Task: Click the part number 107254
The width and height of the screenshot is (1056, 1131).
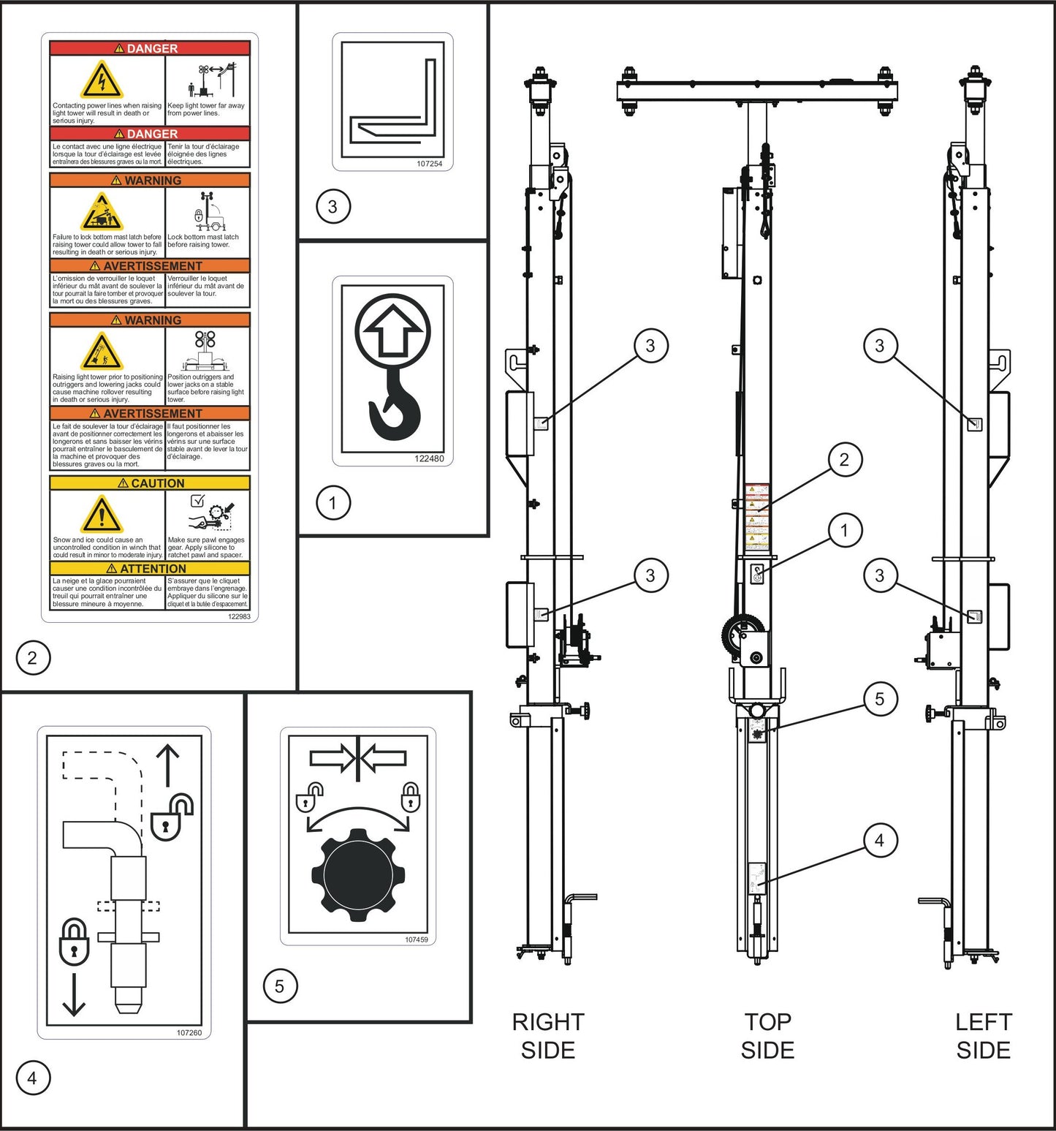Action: click(429, 164)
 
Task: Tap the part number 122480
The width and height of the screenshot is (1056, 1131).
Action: click(429, 458)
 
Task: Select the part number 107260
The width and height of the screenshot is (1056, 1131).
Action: click(189, 1032)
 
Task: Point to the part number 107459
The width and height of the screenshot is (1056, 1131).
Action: click(416, 939)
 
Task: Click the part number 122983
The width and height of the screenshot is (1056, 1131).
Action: click(239, 616)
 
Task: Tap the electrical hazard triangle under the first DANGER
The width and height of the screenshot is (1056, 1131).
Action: click(102, 80)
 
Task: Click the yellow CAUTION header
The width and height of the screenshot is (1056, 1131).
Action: click(150, 483)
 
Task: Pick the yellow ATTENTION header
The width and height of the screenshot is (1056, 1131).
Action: click(150, 568)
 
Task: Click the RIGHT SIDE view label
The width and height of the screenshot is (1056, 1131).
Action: click(548, 1035)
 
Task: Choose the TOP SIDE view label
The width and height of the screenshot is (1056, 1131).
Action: click(767, 1035)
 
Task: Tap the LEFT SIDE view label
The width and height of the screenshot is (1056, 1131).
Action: click(983, 1035)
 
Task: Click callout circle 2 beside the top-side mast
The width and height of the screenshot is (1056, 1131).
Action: click(844, 460)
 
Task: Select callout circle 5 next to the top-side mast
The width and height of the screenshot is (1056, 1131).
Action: click(879, 699)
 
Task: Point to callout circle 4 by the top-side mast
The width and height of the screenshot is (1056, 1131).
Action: click(879, 841)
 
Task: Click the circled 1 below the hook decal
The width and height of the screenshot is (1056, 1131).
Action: click(333, 503)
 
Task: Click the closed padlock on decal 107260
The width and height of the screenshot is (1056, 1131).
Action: click(74, 942)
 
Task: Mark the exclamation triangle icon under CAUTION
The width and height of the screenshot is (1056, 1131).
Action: click(102, 515)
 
